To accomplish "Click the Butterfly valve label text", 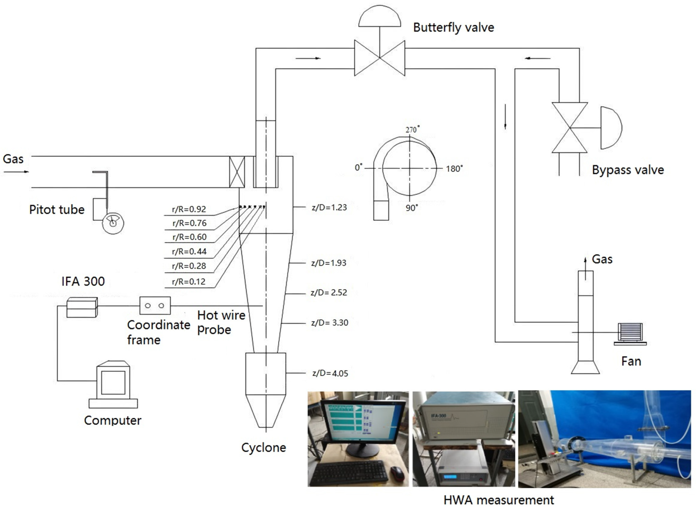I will [453, 28].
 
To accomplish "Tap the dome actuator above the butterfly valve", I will [379, 17].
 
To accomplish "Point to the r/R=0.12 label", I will [188, 282].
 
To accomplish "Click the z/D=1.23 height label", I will [329, 207].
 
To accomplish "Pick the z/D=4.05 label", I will [330, 373].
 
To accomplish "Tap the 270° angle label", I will [412, 130].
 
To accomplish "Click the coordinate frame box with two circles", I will [155, 306].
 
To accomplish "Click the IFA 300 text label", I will [83, 281].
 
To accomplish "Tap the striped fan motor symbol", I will [630, 332].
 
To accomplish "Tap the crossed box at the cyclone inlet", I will [237, 172].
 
